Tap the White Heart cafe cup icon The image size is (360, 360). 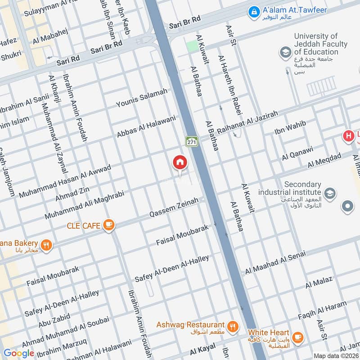pyautogui.click(x=297, y=337)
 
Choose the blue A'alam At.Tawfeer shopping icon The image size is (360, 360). pyautogui.click(x=254, y=10)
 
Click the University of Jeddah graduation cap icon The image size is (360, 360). pyautogui.click(x=285, y=53)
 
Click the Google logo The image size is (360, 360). pyautogui.click(x=19, y=353)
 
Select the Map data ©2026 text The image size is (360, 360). pyautogui.click(x=336, y=355)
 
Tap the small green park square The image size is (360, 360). pyautogui.click(x=192, y=46)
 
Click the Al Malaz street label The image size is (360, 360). pyautogui.click(x=319, y=282)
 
